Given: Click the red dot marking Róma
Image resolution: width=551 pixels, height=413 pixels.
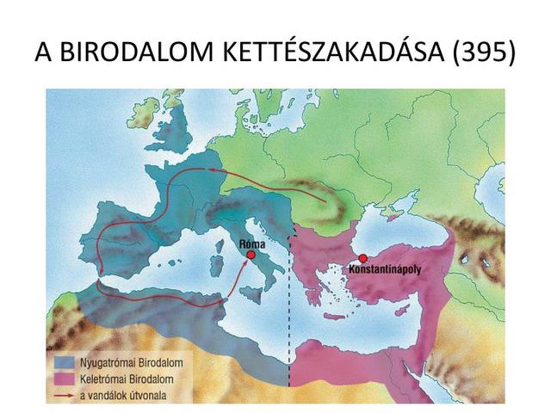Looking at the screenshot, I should coord(251,255).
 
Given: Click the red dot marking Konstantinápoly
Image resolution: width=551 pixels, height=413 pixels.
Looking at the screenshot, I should coord(363,258).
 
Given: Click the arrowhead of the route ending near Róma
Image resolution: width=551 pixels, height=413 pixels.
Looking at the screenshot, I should coord(245,262).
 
